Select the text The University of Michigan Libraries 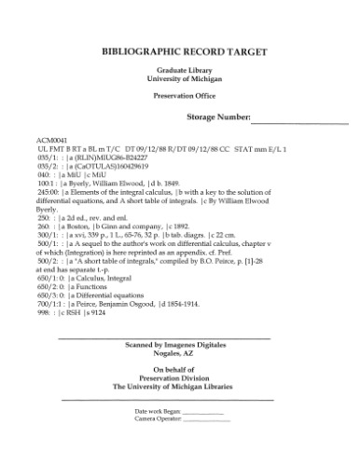point(180,386)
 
